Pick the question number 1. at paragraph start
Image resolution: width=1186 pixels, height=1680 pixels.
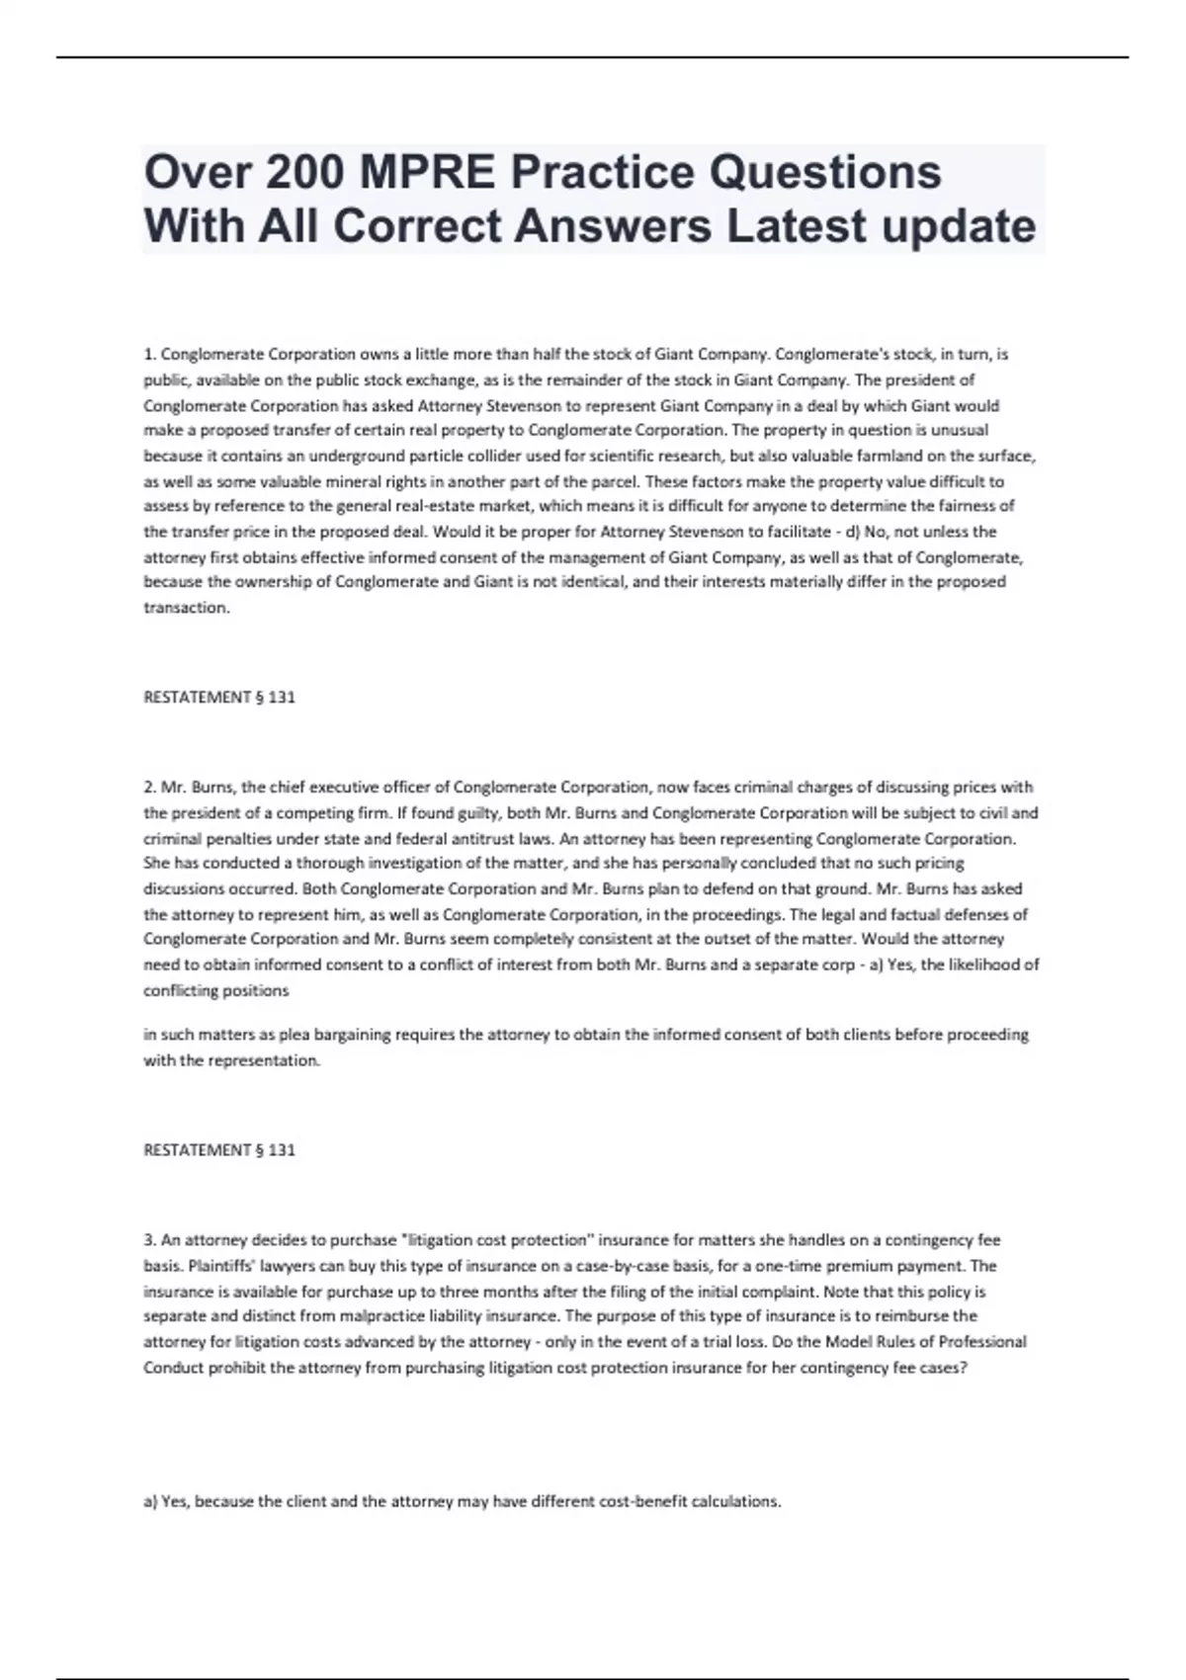150,354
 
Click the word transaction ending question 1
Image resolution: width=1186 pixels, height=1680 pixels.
186,608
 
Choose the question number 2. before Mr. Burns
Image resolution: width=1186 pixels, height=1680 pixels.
150,788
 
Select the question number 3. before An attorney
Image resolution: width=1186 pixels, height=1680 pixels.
150,1239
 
